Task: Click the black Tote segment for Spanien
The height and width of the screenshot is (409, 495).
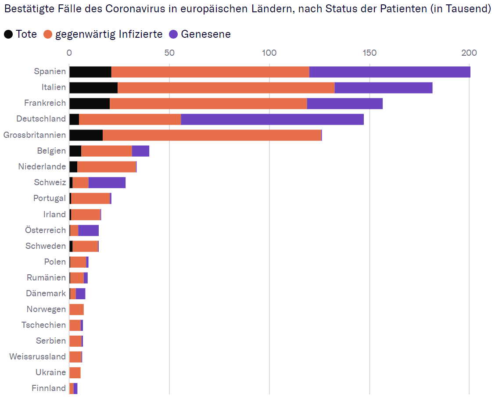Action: tap(90, 72)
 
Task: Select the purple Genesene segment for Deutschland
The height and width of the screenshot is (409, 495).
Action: tap(272, 119)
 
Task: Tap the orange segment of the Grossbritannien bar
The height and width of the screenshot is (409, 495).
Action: tap(212, 135)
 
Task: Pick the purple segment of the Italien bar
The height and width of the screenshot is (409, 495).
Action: tap(383, 87)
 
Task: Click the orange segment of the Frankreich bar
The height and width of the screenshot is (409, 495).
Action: tap(208, 103)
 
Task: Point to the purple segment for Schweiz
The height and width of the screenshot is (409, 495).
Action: tap(107, 183)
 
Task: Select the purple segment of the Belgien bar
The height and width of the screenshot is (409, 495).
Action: tap(140, 151)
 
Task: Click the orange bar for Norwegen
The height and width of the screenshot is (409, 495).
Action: tap(76, 309)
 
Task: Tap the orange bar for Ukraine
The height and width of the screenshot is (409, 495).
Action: tap(75, 373)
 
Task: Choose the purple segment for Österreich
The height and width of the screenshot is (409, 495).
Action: tap(88, 230)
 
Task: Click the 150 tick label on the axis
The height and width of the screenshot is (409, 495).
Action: tap(369, 53)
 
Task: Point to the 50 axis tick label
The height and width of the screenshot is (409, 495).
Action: tap(169, 53)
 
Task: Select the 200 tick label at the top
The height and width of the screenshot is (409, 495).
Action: tap(469, 53)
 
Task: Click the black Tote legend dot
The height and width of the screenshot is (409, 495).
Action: tap(8, 34)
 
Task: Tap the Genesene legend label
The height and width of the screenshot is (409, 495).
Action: tap(206, 34)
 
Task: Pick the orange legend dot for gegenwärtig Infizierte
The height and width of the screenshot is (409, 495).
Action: tap(48, 34)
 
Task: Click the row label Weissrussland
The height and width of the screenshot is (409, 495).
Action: tap(38, 357)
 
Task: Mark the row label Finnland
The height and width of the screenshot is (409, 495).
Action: tap(49, 388)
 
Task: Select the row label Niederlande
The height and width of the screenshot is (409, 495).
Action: tap(42, 167)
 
